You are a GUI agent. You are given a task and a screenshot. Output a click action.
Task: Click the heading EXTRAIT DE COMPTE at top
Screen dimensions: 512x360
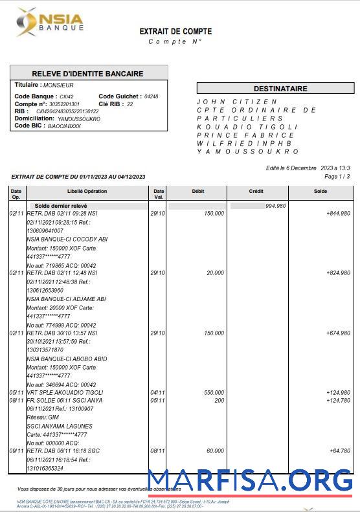tap(175, 31)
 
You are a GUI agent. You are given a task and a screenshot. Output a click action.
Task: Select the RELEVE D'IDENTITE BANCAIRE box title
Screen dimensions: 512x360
tap(88, 73)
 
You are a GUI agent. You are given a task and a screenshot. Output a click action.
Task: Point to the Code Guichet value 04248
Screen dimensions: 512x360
tap(151, 96)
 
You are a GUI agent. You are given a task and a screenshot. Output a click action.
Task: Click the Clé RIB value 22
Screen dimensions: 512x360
tap(130, 104)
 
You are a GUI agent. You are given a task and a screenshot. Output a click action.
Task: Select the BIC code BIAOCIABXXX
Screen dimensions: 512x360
tap(65, 126)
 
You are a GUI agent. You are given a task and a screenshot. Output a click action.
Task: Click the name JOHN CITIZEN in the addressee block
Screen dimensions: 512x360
tap(237, 102)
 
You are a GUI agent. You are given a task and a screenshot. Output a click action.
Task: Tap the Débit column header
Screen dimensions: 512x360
tap(198, 192)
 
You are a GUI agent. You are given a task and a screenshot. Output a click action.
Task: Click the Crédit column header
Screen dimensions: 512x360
tap(256, 192)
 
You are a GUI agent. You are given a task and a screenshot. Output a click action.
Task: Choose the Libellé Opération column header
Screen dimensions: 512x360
tap(87, 192)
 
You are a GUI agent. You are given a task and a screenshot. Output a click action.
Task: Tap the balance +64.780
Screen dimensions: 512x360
tap(339, 451)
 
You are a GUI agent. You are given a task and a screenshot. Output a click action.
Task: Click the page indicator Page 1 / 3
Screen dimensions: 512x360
tap(337, 176)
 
